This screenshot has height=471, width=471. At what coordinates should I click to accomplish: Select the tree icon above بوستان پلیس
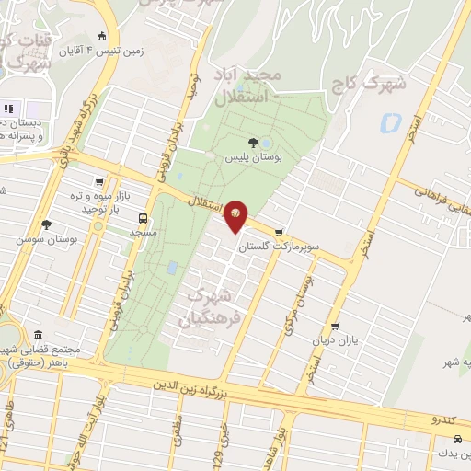pos(254,143)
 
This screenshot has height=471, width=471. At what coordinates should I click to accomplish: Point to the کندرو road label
pos(442,419)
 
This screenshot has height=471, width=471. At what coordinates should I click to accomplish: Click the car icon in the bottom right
pos(432,441)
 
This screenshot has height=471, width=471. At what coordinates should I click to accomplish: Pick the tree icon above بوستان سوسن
pos(46,224)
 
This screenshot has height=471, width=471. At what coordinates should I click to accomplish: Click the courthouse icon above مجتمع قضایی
pos(37,336)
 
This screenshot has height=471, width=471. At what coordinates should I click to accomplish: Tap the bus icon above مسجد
pos(142,219)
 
